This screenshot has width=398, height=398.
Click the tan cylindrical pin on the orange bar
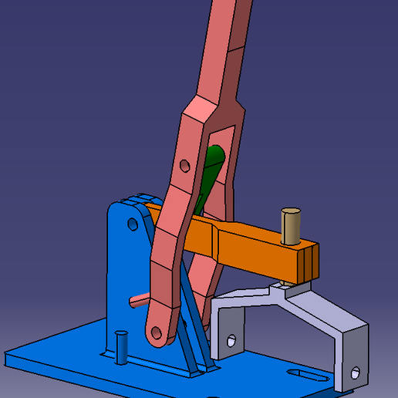click(x=290, y=228)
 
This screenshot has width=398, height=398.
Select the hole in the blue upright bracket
click(x=132, y=224)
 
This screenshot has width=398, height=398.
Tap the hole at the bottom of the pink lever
click(x=157, y=332)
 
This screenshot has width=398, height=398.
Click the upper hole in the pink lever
click(x=184, y=165)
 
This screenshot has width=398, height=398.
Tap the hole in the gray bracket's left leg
click(x=230, y=339)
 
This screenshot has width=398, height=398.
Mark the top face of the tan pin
click(x=291, y=211)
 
